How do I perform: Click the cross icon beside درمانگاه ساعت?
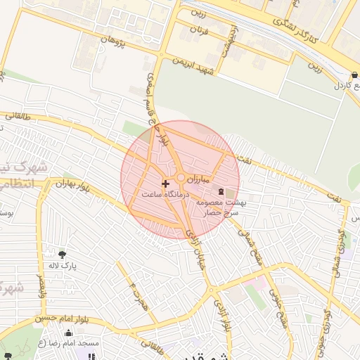click(x=165, y=184)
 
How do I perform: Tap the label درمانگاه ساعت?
click(x=161, y=193)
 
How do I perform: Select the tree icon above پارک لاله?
click(x=63, y=255)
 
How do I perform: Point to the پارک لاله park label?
click(x=62, y=266)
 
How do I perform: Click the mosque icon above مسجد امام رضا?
click(x=68, y=333)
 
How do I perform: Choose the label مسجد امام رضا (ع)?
click(x=68, y=343)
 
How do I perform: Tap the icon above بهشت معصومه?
click(x=221, y=191)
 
